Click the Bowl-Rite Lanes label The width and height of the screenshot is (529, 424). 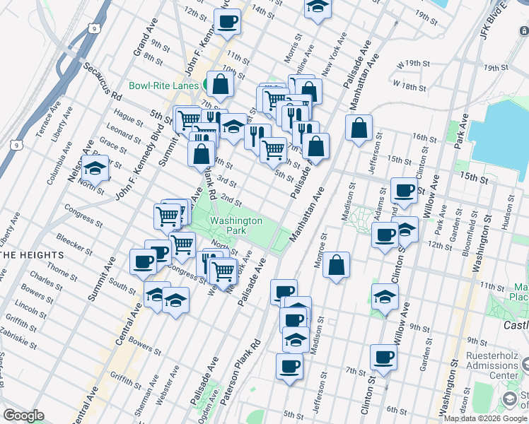tap(163, 86)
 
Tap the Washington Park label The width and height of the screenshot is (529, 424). tap(236, 225)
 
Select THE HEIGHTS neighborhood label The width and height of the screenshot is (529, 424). tap(33, 254)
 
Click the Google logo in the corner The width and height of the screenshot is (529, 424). tap(23, 416)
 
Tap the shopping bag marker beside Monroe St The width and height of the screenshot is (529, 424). tap(338, 266)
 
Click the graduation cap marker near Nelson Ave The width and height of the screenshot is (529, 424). tap(95, 169)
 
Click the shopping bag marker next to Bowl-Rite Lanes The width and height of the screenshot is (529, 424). tap(221, 83)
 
